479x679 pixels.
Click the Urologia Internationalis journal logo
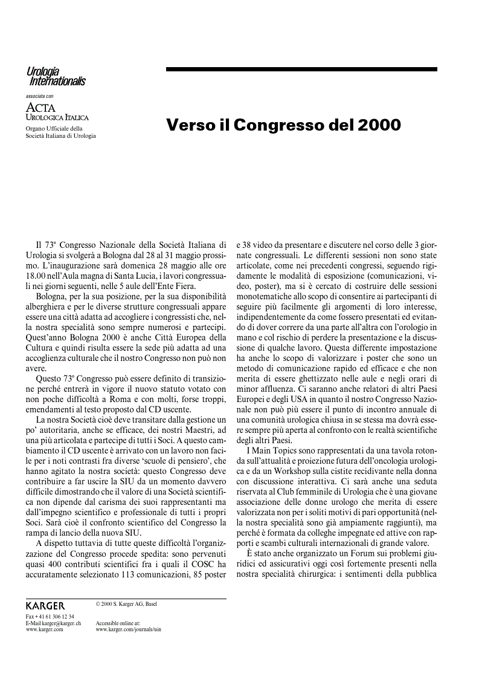56,77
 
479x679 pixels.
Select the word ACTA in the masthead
40,107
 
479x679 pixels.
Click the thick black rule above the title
301,70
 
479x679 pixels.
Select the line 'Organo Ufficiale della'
54,128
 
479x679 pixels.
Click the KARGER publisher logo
45,605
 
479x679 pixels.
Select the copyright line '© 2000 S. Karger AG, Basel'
126,603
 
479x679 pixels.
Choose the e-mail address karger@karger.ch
60,623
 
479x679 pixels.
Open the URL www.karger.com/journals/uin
128,629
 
